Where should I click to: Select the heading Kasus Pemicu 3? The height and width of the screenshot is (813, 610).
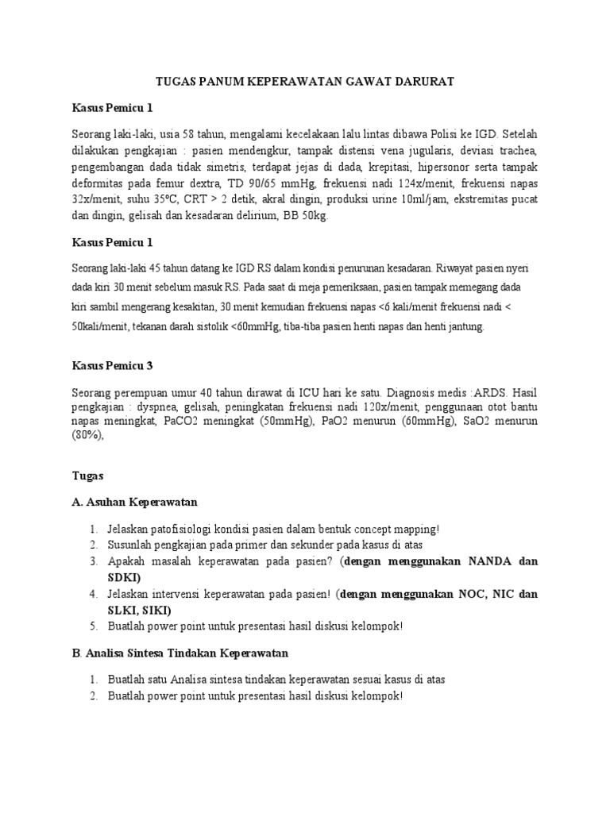pos(111,366)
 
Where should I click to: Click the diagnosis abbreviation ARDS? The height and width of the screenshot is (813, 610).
pos(494,391)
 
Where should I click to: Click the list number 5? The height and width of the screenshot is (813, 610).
pos(93,626)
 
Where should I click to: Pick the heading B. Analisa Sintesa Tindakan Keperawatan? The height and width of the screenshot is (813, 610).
pos(180,653)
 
